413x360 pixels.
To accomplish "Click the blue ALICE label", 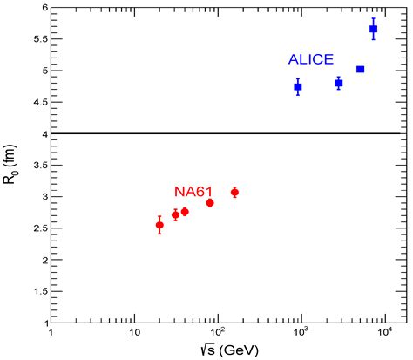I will (310, 59).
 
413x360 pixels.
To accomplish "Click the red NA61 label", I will (193, 191).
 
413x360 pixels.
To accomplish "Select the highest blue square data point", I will (373, 29).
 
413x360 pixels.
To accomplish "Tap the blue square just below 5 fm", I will (360, 69).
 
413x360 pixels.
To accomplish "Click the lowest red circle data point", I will (159, 225).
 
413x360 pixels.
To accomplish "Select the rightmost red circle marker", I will (234, 192).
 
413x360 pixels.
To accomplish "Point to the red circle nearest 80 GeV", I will (210, 202).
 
